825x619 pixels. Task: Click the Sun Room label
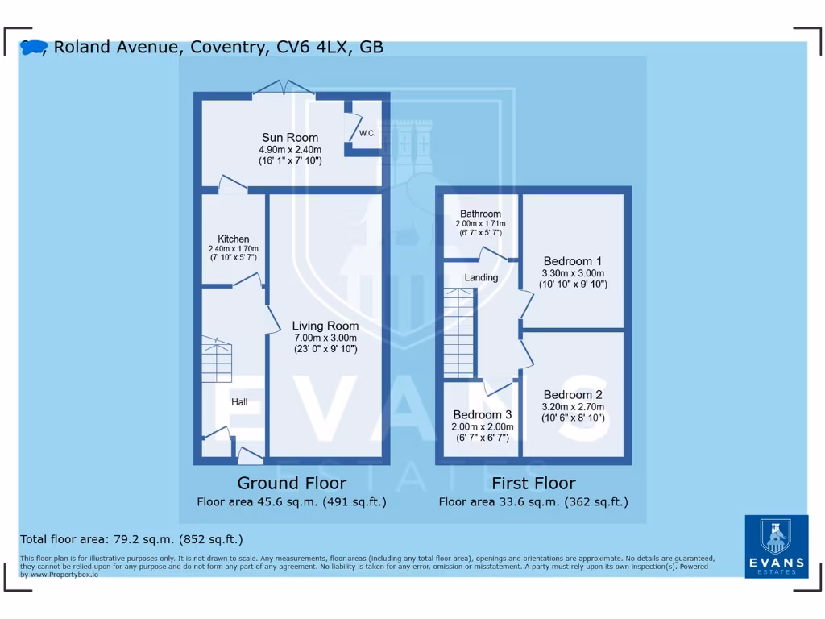pos(290,138)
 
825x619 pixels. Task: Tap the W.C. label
pos(367,132)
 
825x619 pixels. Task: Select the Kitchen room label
pos(234,239)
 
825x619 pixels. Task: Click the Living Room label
pos(325,326)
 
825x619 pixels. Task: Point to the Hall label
pos(239,402)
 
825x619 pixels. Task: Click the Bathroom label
pos(480,214)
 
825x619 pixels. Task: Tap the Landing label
pos(481,277)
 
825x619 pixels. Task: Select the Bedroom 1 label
pos(573,261)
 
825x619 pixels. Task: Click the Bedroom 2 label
pos(573,395)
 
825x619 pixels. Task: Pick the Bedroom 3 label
pos(483,415)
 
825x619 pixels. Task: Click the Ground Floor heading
pos(292,484)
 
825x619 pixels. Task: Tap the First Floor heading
pos(533,484)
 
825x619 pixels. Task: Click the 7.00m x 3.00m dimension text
pos(325,338)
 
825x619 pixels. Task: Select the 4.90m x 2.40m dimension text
pos(290,150)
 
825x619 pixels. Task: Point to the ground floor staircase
pos(217,359)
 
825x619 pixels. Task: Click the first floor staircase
pos(458,332)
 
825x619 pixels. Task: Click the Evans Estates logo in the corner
pos(776,546)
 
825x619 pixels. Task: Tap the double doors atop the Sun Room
pos(283,88)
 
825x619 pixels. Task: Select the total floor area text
pos(131,539)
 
